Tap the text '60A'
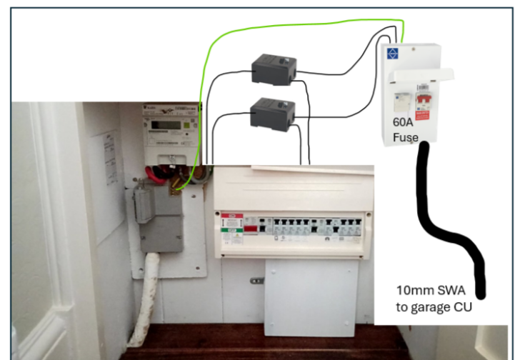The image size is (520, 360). click(403, 122)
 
